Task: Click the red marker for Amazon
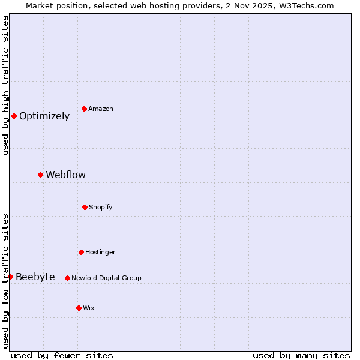point(84,109)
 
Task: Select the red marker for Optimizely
point(14,116)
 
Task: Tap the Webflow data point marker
point(40,175)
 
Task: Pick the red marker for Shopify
point(85,207)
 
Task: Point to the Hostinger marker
point(81,252)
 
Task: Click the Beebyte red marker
point(10,277)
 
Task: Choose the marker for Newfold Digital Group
point(67,278)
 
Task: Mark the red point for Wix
point(79,308)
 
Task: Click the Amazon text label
point(101,109)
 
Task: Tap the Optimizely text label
point(44,116)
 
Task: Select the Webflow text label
point(65,175)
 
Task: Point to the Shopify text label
point(101,208)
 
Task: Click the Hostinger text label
point(100,253)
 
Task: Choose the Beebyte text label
point(35,277)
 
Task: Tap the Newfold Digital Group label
point(106,278)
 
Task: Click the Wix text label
point(89,308)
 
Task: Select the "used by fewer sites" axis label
point(62,355)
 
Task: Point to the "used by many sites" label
point(301,355)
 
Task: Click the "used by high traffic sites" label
point(5,85)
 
